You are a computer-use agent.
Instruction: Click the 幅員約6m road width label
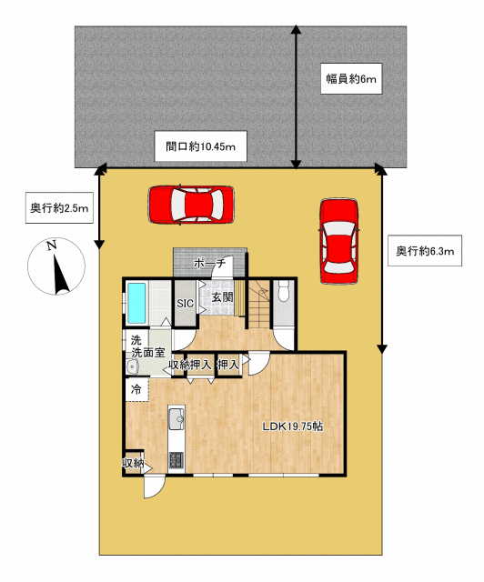351,78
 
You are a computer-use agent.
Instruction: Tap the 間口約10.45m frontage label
200,146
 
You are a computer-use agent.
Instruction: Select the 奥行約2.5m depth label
59,208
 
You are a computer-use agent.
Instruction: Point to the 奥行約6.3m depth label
425,251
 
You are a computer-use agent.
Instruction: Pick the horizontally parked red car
191,205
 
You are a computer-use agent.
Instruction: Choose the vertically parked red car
339,241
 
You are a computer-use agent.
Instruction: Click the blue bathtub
136,303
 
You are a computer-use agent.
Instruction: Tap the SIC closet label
185,303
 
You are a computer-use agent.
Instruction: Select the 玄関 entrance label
223,297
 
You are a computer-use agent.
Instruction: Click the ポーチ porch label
209,263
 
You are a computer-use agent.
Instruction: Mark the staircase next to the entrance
258,304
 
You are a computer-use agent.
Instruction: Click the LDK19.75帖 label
293,426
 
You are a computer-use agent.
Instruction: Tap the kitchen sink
176,418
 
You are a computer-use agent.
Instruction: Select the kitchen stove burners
176,460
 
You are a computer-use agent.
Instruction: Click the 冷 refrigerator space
136,389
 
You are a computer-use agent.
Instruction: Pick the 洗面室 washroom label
148,352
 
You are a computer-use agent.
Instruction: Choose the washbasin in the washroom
132,366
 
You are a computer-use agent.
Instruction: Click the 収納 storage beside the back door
133,463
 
